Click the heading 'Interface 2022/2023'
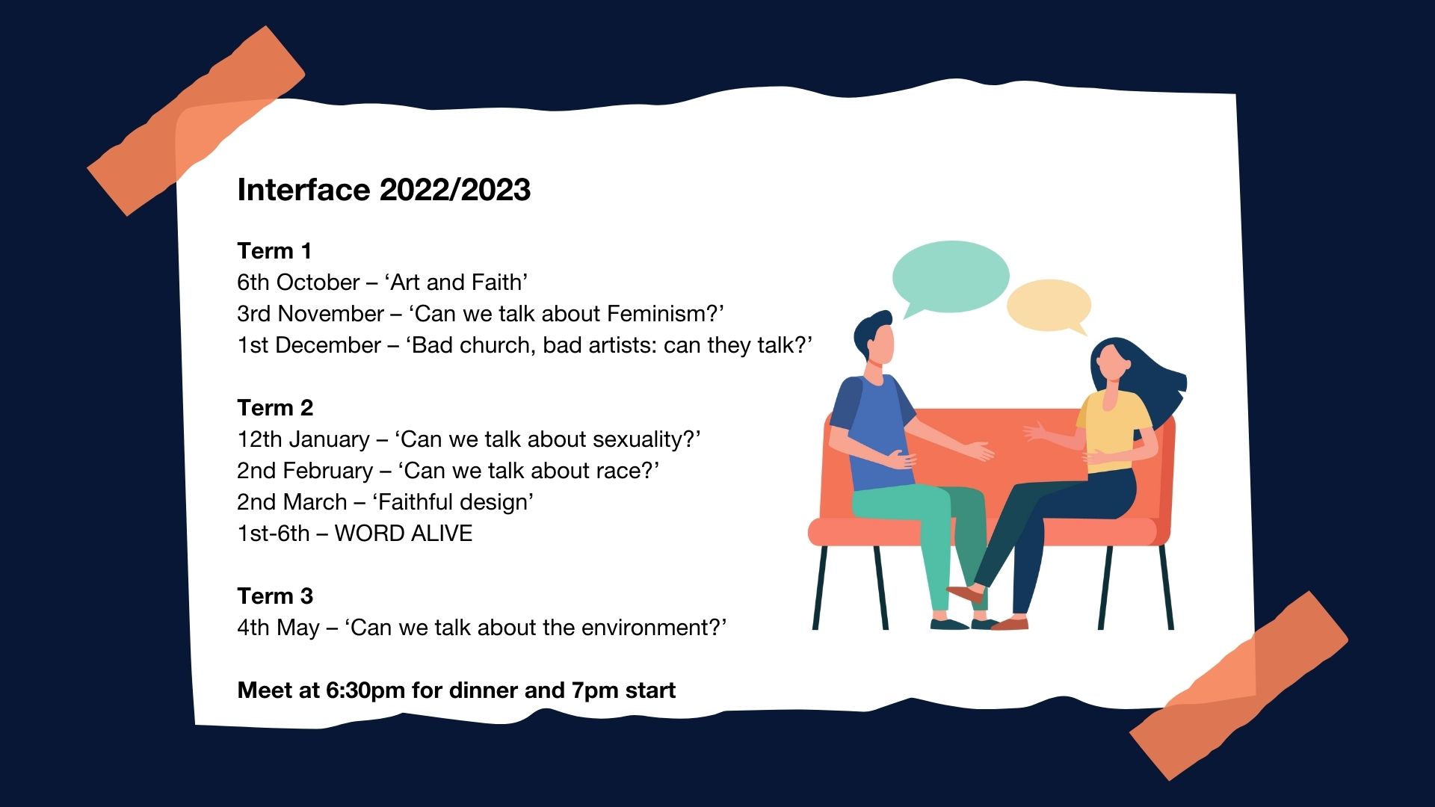[x=383, y=190]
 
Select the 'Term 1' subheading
[x=274, y=251]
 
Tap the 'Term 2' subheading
[x=275, y=408]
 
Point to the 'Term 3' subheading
[x=275, y=596]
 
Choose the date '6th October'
[x=298, y=282]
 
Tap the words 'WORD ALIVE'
[x=404, y=534]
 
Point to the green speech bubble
[x=951, y=277]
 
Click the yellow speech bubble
[x=1049, y=306]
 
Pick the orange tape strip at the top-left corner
[x=196, y=121]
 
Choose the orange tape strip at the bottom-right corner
[x=1238, y=686]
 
